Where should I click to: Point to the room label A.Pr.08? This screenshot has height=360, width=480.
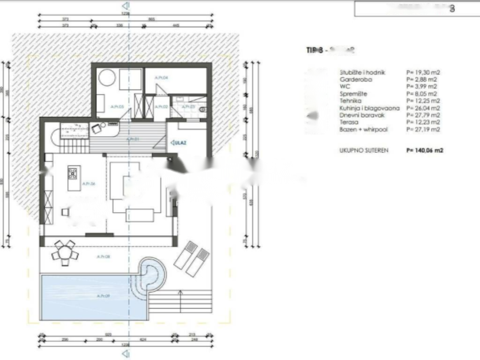point(103,256)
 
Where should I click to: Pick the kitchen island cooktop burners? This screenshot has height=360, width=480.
point(73,174)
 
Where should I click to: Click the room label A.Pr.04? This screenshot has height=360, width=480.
point(162,78)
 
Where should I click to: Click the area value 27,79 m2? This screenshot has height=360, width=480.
point(423,115)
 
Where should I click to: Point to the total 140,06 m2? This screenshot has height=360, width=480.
point(425,151)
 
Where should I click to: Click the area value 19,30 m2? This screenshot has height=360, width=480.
point(423,73)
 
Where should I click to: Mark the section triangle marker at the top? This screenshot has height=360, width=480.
point(125,6)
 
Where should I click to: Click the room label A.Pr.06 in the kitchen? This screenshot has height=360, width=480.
point(89,184)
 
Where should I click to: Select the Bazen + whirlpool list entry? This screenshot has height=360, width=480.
point(363,129)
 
